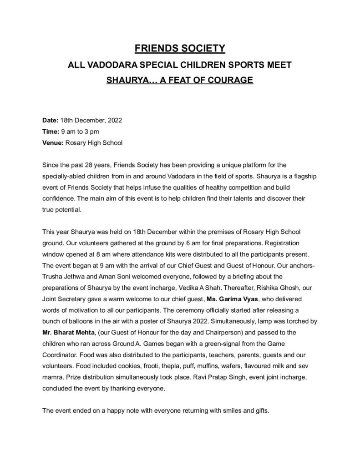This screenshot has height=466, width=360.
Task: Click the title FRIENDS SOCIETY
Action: (x=180, y=48)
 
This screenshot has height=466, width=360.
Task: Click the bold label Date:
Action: (x=50, y=121)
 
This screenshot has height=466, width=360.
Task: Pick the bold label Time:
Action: (x=50, y=132)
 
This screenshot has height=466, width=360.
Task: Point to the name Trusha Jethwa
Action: (x=63, y=277)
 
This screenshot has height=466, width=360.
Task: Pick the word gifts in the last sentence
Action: (x=262, y=410)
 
